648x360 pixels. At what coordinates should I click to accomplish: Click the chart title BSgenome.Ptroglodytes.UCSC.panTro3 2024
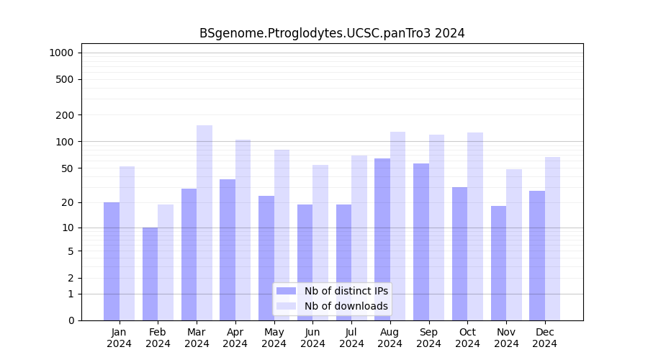click(332, 33)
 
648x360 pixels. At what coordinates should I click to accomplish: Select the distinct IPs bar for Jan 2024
click(112, 261)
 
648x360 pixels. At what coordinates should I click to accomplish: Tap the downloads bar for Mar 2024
click(204, 222)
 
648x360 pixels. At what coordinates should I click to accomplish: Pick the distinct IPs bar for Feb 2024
click(150, 274)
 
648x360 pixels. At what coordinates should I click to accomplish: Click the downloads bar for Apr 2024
click(243, 230)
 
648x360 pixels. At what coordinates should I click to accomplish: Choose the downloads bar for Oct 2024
click(475, 226)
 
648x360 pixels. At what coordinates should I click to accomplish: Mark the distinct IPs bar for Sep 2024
click(421, 242)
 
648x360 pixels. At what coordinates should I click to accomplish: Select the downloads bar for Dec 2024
click(552, 238)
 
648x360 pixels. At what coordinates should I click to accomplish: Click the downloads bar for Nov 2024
click(514, 245)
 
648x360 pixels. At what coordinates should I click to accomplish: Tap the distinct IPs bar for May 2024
click(266, 258)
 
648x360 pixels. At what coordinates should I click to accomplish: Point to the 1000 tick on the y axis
click(61, 53)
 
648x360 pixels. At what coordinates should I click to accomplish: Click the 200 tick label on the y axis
click(65, 115)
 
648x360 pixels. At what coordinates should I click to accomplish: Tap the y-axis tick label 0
click(71, 320)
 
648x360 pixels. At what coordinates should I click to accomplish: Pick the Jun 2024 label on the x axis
click(312, 338)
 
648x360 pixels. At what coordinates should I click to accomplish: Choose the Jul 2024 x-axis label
click(351, 338)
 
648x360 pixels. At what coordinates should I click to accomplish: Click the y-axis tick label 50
click(68, 168)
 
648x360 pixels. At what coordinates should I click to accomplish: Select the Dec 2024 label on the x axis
click(545, 338)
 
